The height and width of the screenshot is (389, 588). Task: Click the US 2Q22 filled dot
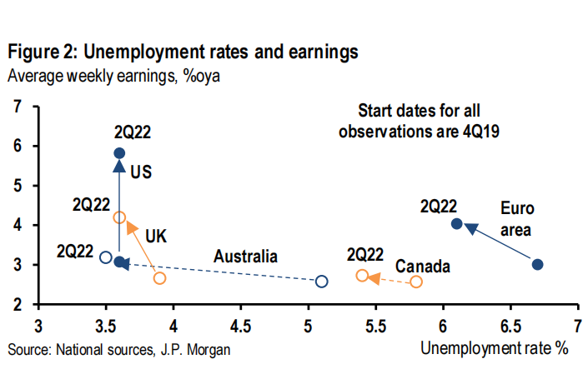119,153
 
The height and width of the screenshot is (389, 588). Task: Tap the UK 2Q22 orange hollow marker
119,217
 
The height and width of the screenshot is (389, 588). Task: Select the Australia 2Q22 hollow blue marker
106,257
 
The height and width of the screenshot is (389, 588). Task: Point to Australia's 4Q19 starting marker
322,282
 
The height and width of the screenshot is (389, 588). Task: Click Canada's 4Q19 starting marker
416,282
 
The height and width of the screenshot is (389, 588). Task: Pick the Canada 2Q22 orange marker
362,276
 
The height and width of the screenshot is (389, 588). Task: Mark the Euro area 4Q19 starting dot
538,265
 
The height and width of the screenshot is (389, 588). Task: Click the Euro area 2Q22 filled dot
456,223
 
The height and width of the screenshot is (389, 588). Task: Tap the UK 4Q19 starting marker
160,277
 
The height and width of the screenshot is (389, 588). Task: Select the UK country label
156,236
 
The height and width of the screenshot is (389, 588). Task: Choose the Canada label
423,267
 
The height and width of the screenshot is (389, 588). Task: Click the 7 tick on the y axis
18,107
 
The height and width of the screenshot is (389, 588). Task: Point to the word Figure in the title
33,52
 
